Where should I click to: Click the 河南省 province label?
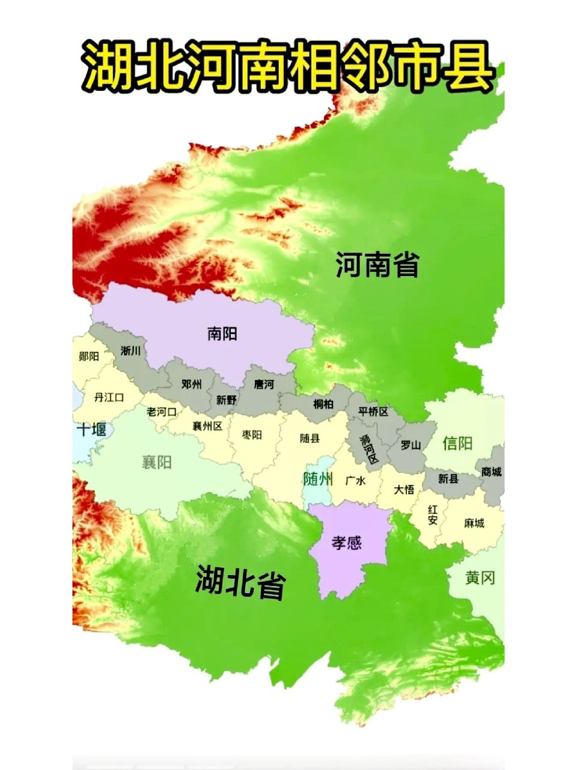click(x=377, y=265)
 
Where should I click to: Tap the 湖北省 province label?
click(x=240, y=582)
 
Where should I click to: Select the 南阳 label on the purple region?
click(x=222, y=334)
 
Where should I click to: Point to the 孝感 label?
click(x=347, y=542)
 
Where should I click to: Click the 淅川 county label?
click(x=130, y=351)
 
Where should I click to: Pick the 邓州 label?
click(x=191, y=384)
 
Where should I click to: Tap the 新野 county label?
click(x=227, y=399)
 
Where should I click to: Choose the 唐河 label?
click(x=263, y=384)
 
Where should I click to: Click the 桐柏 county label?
click(x=323, y=404)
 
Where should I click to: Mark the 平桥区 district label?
click(x=373, y=411)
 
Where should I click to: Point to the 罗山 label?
click(x=411, y=445)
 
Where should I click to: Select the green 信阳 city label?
click(x=457, y=443)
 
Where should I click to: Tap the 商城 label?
click(x=491, y=472)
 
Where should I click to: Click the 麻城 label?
click(x=474, y=523)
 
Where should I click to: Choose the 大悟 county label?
click(x=404, y=489)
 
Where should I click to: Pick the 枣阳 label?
click(x=252, y=435)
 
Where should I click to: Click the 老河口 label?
click(x=162, y=412)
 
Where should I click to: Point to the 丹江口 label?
click(x=109, y=398)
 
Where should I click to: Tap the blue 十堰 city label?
click(x=92, y=430)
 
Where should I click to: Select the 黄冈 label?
click(x=480, y=578)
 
